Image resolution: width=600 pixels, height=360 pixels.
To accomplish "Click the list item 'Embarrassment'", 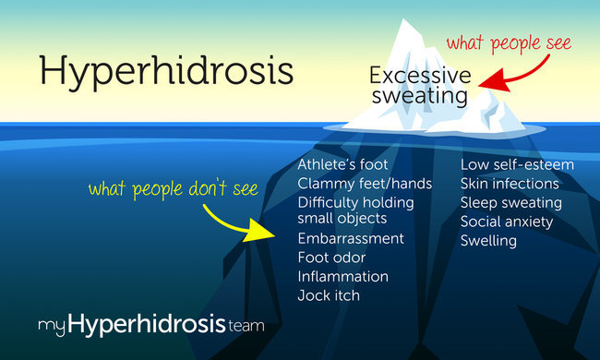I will (x=350, y=238).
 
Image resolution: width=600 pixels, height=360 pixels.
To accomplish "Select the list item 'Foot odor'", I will (x=331, y=258).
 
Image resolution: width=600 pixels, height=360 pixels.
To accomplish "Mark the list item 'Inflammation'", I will (x=342, y=276).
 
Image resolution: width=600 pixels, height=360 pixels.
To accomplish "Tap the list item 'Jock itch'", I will (x=328, y=295).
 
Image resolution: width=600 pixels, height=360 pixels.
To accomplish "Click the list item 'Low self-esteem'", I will (x=517, y=164).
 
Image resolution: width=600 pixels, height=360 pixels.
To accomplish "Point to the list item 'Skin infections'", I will (x=510, y=183).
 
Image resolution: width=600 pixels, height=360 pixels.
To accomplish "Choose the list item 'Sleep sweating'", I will (x=510, y=202).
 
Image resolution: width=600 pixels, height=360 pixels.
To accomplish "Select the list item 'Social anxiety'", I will (x=507, y=222).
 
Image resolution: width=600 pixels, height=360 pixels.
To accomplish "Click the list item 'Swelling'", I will (x=488, y=241).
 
